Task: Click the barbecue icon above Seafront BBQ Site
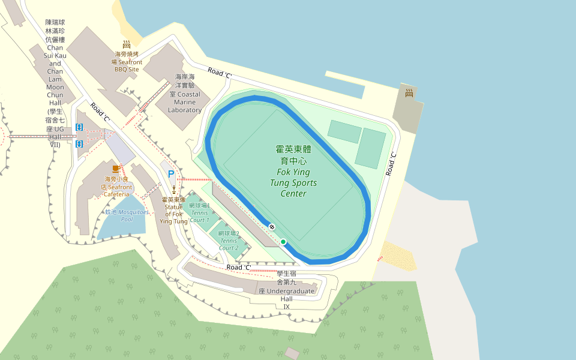point(127,44)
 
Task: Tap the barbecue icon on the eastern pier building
point(409,93)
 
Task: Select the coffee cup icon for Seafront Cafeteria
point(116,169)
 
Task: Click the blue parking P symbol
point(171,174)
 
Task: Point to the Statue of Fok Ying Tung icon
point(174,189)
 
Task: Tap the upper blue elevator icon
point(79,127)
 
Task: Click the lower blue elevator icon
point(79,144)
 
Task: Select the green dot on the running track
point(283,242)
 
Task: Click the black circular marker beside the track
point(272,227)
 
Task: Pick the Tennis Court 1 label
point(199,212)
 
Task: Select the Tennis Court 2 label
point(229,240)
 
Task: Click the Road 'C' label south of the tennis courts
point(239,267)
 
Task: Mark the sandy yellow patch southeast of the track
point(399,256)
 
